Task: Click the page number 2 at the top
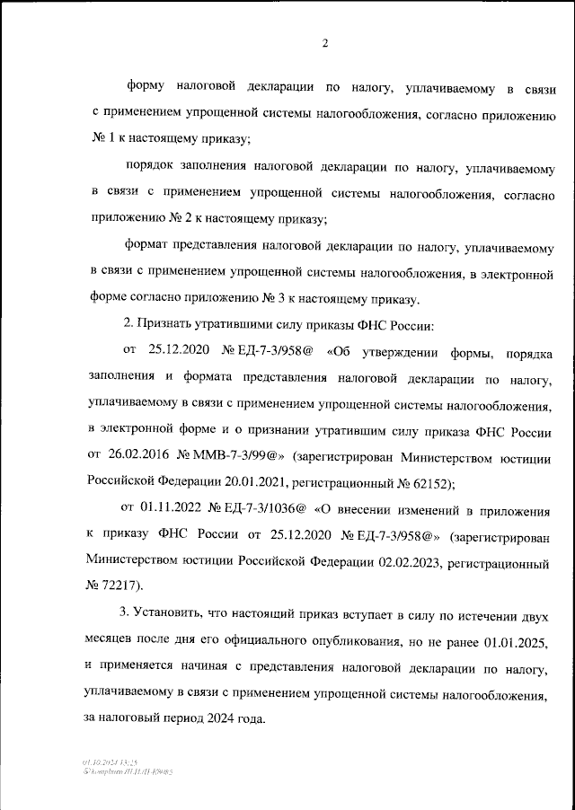pyautogui.click(x=325, y=43)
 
